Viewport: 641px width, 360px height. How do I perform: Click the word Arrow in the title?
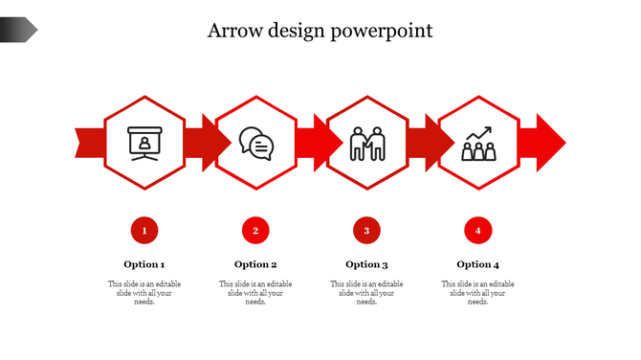[233, 31]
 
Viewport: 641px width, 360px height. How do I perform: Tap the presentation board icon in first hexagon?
[145, 144]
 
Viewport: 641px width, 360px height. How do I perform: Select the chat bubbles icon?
[255, 144]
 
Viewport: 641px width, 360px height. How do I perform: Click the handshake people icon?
[366, 144]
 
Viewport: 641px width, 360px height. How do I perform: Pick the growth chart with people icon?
[478, 144]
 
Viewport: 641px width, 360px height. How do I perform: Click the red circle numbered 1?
[144, 230]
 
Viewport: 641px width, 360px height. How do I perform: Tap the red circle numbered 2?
[255, 230]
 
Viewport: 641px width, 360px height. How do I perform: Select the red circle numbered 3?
[366, 230]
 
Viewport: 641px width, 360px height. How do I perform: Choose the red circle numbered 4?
[477, 230]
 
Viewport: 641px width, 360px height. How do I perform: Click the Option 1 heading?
[144, 264]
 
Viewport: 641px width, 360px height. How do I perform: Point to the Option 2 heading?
[255, 264]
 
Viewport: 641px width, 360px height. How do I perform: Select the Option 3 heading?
[366, 264]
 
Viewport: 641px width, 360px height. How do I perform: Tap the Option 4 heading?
[477, 264]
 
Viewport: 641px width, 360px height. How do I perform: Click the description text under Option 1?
[144, 293]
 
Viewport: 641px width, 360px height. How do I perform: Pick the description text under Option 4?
[477, 293]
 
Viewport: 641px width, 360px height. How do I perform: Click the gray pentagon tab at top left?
[18, 31]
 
